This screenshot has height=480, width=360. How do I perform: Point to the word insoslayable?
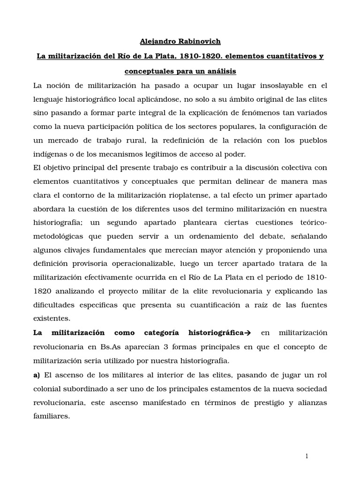tap(269, 85)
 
